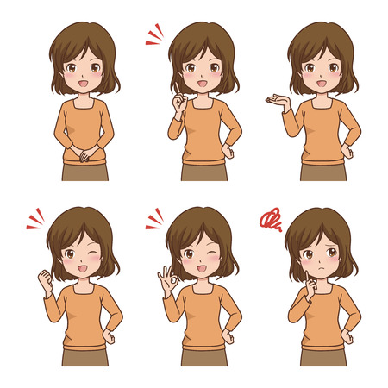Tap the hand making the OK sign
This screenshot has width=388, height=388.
point(167,278)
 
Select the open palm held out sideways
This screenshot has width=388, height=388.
point(278,101)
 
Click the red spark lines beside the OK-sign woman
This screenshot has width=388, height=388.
point(154,220)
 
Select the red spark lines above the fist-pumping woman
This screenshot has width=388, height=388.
point(35,219)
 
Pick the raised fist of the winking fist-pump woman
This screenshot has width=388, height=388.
point(45,279)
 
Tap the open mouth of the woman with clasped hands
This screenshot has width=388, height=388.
point(84,84)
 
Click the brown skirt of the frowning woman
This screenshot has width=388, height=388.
point(322,356)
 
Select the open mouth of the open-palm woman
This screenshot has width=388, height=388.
point(322,84)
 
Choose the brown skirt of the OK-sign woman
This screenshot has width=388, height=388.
point(203,356)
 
